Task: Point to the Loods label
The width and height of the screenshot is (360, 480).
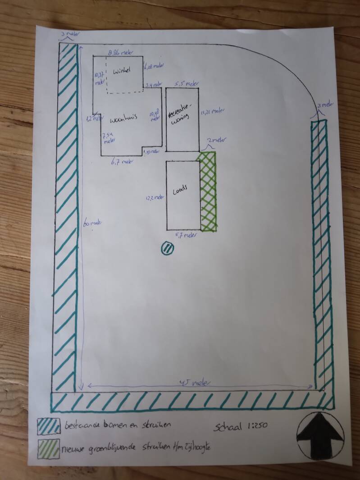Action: (x=180, y=190)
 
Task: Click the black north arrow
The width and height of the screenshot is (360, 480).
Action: (x=320, y=435)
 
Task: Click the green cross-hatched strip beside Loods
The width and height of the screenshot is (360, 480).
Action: (x=208, y=192)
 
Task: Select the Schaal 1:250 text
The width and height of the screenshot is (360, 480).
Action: (x=242, y=427)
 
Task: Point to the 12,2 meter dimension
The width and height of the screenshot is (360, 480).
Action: (x=154, y=197)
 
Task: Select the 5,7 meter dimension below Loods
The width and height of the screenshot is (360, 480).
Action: (x=185, y=235)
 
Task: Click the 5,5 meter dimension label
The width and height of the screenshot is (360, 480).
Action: (x=186, y=83)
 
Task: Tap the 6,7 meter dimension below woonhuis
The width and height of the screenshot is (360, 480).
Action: (x=121, y=161)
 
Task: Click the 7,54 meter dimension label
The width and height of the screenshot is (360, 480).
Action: (x=108, y=137)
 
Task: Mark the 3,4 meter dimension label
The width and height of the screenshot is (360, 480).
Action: (x=154, y=84)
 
